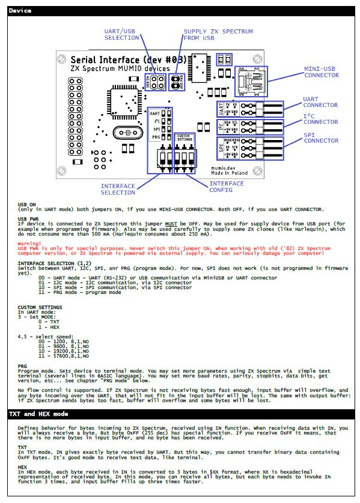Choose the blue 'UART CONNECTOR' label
point(320,102)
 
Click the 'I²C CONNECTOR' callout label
point(320,119)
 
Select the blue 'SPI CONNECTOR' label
point(320,137)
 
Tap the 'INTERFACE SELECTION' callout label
point(118,189)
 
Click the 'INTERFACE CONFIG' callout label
point(227,186)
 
